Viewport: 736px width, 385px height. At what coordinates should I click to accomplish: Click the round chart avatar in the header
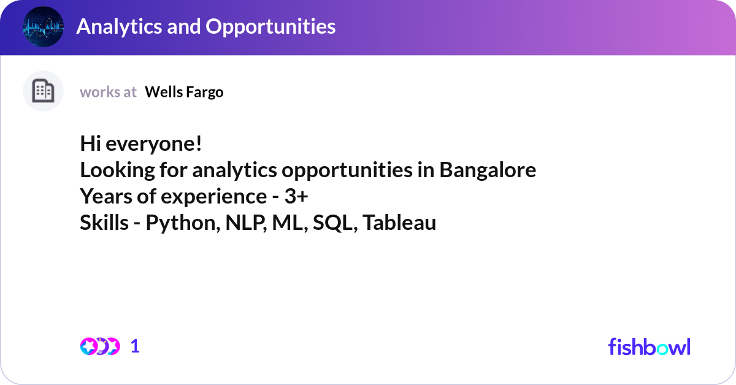pyautogui.click(x=43, y=26)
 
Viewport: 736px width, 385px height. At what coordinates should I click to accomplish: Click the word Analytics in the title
pyautogui.click(x=119, y=26)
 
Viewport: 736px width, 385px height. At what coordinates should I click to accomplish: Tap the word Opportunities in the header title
pyautogui.click(x=270, y=27)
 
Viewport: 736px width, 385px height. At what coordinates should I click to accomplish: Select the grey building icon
pyautogui.click(x=43, y=91)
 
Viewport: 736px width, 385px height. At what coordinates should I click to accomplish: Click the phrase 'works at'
pyautogui.click(x=108, y=92)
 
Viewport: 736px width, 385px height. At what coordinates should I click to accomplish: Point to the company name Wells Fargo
pyautogui.click(x=184, y=92)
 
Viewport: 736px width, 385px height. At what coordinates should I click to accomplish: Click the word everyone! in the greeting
pyautogui.click(x=154, y=144)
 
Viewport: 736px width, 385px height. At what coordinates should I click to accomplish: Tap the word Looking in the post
pyautogui.click(x=117, y=170)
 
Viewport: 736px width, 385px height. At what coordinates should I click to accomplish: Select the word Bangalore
pyautogui.click(x=488, y=170)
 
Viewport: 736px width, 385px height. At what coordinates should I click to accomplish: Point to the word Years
pyautogui.click(x=106, y=196)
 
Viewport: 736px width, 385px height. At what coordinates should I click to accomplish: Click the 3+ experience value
pyautogui.click(x=296, y=196)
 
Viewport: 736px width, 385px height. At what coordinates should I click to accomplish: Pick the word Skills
pyautogui.click(x=104, y=223)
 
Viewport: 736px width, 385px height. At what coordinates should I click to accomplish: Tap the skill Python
pyautogui.click(x=183, y=223)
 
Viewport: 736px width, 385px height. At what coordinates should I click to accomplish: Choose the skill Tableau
pyautogui.click(x=399, y=223)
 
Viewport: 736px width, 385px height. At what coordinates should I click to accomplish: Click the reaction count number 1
pyautogui.click(x=135, y=346)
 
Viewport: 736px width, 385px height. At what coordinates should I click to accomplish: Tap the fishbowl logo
pyautogui.click(x=650, y=346)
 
